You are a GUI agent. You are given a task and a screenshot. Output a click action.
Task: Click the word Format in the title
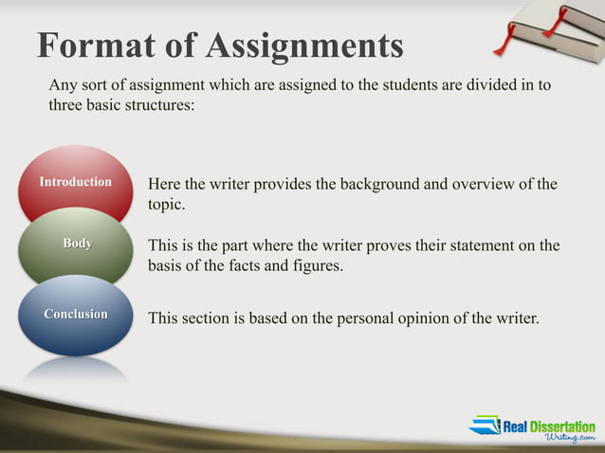point(90,45)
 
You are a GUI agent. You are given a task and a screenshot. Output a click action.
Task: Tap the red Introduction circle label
point(76,181)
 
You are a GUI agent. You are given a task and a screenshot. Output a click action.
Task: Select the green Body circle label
point(78,244)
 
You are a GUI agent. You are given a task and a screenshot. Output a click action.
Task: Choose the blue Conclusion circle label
point(76,314)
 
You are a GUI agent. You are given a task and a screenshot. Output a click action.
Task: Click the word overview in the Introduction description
point(485,183)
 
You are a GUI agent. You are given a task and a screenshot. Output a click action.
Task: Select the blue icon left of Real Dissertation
point(485,426)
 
